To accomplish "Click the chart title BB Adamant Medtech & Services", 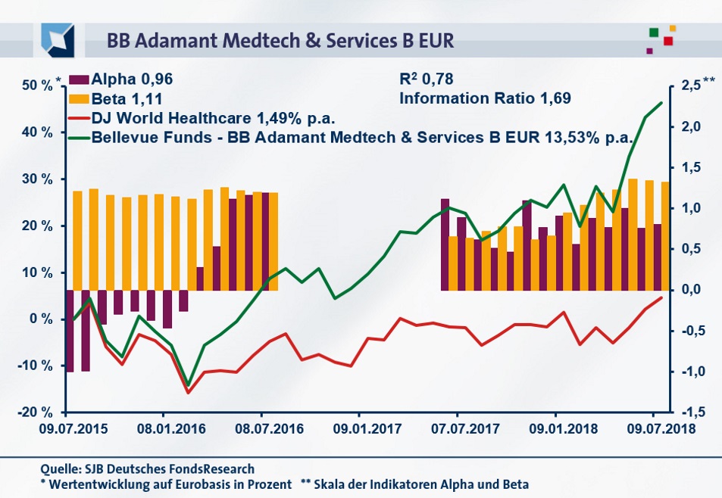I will (x=280, y=41).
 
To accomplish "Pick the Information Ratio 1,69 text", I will (x=484, y=98).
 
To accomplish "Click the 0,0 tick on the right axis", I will (x=689, y=290).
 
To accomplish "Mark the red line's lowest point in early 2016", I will (x=188, y=392).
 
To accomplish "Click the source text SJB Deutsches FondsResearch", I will (x=148, y=468).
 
